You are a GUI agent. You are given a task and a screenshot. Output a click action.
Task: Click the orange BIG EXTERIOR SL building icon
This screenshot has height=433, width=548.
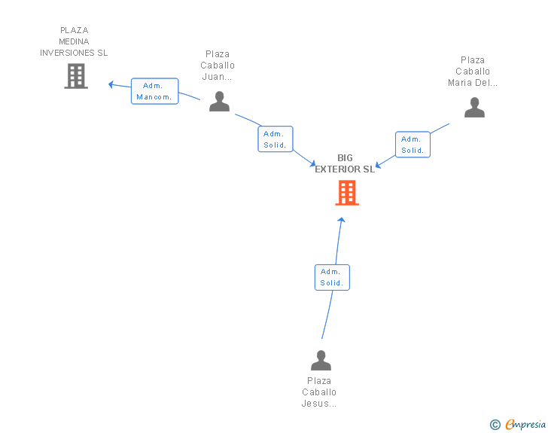(347, 192)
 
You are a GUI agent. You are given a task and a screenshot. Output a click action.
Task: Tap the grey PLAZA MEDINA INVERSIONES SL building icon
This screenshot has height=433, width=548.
(76, 76)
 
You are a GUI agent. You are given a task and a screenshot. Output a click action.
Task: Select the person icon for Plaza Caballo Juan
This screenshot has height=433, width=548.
(220, 101)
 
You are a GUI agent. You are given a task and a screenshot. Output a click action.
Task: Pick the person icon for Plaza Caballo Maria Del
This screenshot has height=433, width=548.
(474, 108)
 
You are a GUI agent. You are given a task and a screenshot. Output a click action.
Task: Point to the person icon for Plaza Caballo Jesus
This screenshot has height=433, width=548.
(321, 360)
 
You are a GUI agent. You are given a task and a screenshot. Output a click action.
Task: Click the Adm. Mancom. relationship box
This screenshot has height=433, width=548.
(155, 91)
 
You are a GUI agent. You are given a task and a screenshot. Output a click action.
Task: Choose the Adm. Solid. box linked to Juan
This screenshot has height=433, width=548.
(276, 139)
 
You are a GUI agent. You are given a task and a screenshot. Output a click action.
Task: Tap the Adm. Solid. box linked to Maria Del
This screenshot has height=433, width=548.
(413, 145)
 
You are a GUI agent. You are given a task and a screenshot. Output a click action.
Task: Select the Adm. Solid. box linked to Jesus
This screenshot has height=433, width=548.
(332, 277)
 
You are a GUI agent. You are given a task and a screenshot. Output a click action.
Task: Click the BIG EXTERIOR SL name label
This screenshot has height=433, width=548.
(345, 163)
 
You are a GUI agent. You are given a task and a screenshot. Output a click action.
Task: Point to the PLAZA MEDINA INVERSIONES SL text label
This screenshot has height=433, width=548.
(74, 41)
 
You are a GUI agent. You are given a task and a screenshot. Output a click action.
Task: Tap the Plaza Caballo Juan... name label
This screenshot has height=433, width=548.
(218, 66)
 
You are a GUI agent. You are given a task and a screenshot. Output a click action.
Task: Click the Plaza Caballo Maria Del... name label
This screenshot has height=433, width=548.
(473, 72)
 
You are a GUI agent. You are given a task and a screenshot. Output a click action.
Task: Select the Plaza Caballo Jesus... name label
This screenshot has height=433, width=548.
(319, 392)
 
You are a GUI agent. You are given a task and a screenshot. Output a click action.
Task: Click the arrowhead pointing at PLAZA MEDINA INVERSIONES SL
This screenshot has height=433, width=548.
(111, 84)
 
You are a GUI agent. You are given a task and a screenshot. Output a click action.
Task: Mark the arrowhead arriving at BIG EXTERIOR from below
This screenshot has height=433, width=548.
(342, 220)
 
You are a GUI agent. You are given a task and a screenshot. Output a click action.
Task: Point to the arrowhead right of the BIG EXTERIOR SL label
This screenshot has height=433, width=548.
(378, 165)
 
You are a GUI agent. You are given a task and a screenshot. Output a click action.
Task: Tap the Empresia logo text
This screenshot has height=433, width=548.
(525, 424)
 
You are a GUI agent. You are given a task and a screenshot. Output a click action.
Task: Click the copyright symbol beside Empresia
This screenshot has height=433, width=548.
(495, 425)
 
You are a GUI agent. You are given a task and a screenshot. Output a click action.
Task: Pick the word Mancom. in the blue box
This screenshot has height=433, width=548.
(154, 97)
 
